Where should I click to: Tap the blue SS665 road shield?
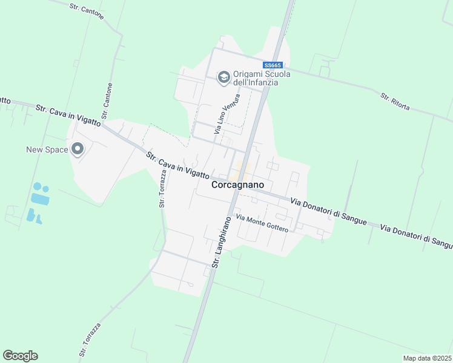point(273,65)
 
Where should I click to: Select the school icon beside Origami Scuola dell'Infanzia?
point(223,77)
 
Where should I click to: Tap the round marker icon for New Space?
point(78,148)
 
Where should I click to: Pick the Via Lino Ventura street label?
point(223,115)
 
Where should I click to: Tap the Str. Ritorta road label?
point(395,101)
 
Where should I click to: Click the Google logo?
point(20,356)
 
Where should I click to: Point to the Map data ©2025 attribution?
point(427,358)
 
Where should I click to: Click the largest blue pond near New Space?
point(40,198)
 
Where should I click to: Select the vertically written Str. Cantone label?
point(107,100)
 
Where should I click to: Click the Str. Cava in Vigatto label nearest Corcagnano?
point(177,166)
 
